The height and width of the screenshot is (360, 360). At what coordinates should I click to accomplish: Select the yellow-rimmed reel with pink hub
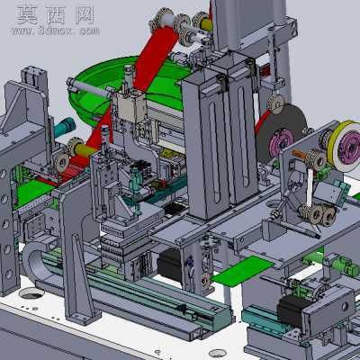click(345, 146)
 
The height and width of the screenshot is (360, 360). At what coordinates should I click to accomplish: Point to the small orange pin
click(299, 154)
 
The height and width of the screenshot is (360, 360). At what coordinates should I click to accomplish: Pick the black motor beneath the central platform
click(169, 265)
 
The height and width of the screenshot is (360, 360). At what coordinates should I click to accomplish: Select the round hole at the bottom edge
click(217, 353)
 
